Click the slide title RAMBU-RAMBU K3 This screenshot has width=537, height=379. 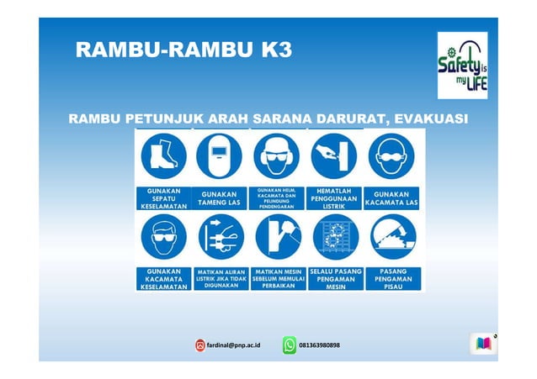click(x=183, y=50)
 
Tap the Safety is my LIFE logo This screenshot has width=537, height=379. click(x=461, y=66)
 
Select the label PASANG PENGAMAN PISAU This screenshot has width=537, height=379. click(x=393, y=278)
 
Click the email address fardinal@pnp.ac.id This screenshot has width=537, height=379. click(x=234, y=345)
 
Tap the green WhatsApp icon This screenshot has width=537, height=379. click(x=290, y=345)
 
